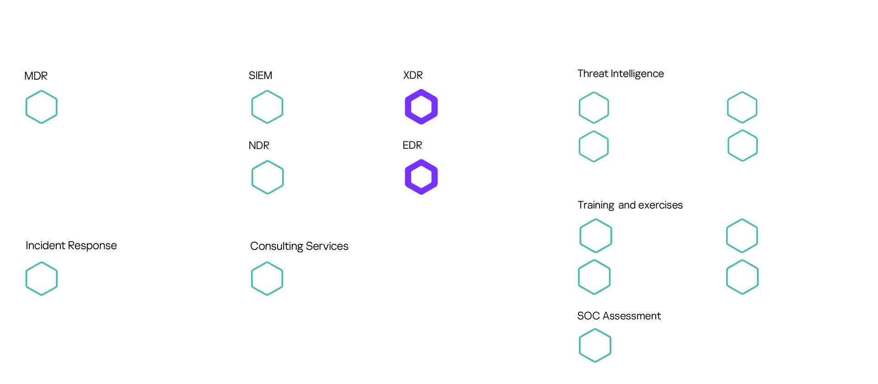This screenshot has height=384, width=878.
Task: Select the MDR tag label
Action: (x=36, y=76)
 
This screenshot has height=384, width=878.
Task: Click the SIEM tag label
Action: (x=260, y=76)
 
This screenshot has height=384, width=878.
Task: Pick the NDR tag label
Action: (x=259, y=146)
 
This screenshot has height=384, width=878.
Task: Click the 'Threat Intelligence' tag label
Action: (x=621, y=74)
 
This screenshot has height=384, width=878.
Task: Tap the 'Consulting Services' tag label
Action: (x=299, y=246)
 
